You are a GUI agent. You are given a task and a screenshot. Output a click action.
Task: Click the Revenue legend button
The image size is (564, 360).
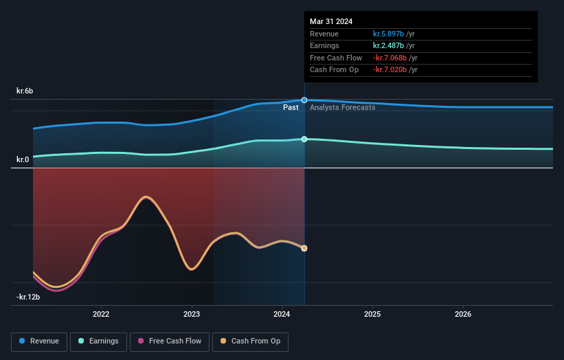point(40,341)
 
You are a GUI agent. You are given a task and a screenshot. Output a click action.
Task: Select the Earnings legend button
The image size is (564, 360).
point(98,341)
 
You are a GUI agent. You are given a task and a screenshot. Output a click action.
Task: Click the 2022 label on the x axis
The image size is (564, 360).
point(101,315)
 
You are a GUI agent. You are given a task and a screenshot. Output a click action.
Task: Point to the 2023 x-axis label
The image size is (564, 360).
point(192,315)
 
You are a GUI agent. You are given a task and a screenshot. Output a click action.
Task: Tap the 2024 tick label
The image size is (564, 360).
point(282,315)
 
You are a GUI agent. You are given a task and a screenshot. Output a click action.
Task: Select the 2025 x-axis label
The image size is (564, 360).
point(372,315)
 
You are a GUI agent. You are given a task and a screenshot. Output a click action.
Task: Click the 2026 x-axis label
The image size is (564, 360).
point(463,315)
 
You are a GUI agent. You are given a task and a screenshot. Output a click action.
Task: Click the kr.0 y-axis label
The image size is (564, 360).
point(23,159)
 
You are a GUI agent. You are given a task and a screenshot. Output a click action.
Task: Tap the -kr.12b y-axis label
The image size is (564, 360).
point(29,297)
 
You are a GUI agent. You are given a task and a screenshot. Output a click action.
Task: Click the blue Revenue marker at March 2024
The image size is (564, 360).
point(304,100)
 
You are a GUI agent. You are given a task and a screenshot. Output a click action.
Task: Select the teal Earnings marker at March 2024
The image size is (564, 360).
point(304,139)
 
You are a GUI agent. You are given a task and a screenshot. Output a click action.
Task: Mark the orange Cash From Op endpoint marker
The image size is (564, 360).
point(304,248)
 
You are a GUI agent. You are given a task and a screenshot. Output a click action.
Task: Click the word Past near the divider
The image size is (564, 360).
point(291,107)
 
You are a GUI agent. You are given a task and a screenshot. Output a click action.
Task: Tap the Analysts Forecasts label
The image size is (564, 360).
point(342,107)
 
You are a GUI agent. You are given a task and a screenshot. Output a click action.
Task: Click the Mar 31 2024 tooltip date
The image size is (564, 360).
point(331,21)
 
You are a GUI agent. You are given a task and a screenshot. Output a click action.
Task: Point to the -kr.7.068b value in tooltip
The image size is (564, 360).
point(390,58)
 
